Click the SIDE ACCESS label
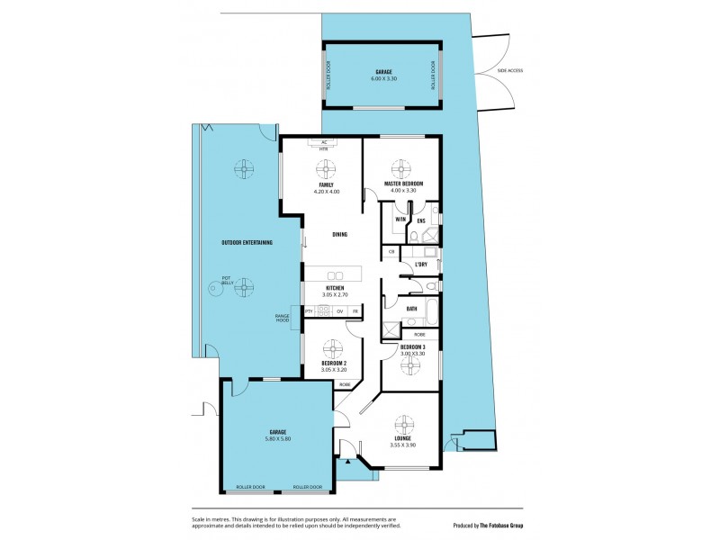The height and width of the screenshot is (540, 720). click(x=509, y=70)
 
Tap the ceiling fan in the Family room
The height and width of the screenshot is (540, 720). click(x=326, y=169)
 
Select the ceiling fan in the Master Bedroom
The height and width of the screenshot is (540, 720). click(x=400, y=168)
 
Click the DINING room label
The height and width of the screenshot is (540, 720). click(x=339, y=235)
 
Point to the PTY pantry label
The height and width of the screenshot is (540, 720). click(x=309, y=311)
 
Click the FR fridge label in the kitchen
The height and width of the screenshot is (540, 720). click(x=355, y=311)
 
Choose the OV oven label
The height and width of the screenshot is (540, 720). click(x=339, y=311)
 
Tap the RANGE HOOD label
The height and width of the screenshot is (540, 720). click(x=282, y=318)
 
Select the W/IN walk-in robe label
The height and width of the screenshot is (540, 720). click(x=400, y=220)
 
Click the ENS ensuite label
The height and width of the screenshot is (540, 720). click(x=420, y=220)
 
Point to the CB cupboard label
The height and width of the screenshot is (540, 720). click(x=391, y=253)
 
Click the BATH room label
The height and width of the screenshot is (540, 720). click(x=411, y=309)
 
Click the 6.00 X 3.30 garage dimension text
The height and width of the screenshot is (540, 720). click(x=383, y=79)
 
